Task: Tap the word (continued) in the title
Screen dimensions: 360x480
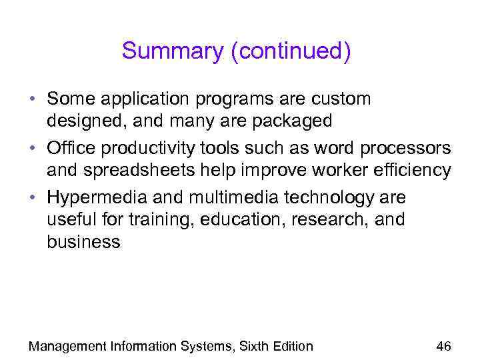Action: (x=290, y=51)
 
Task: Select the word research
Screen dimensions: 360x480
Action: (x=328, y=219)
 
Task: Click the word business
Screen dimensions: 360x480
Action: (x=83, y=242)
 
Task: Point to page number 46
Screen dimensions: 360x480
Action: (x=443, y=346)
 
